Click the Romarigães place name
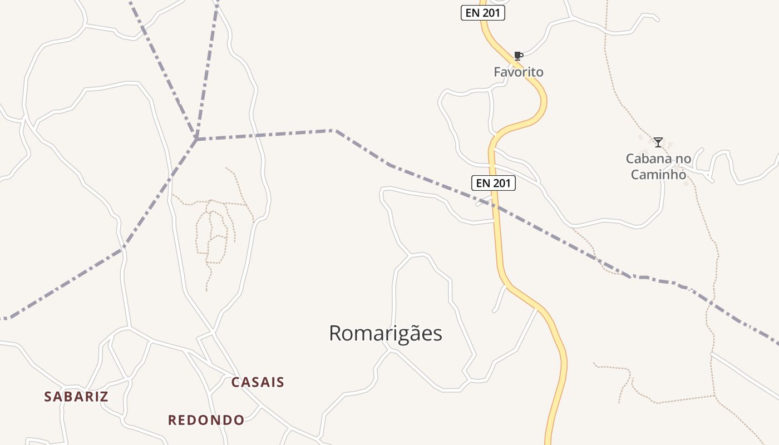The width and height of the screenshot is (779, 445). (x=386, y=334)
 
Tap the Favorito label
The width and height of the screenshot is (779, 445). (x=519, y=72)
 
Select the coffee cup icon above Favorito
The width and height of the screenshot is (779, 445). (x=518, y=56)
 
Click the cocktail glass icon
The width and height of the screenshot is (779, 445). (x=658, y=142)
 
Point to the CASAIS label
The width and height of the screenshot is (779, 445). (x=258, y=383)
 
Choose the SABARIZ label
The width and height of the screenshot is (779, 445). (x=76, y=397)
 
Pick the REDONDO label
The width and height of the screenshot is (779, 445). (x=206, y=420)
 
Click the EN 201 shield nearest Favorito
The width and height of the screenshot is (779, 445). (x=483, y=13)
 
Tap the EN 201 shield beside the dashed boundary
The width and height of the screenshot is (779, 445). (x=494, y=182)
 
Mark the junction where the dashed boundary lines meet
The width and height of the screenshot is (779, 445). (x=196, y=139)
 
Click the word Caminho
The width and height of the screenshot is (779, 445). (x=658, y=175)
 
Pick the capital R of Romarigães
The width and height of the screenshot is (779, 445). (x=336, y=334)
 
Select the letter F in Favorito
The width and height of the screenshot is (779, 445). (x=497, y=72)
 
